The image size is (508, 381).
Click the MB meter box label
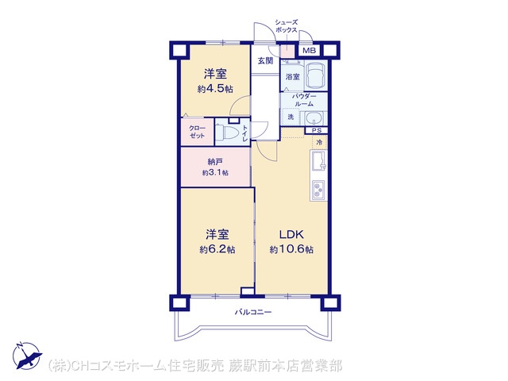pos(309,51)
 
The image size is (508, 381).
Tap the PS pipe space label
pos(317,130)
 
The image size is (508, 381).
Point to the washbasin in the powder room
pos(314,118)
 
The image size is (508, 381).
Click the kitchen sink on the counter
pos(319,161)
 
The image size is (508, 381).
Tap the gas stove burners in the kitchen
pos(319,190)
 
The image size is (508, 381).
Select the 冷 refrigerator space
pos(319,142)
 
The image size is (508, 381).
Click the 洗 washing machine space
pos(291,117)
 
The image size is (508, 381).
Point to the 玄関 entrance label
pos(265,60)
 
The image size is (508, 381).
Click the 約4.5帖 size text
pos(215,89)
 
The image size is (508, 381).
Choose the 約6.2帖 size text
pos(217,249)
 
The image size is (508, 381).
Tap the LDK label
pos(291,234)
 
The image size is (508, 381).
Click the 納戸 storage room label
pos(215,161)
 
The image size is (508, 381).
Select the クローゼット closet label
pos(197,132)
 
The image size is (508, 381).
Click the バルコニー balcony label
pos(253,312)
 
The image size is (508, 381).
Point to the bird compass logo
pos(27,355)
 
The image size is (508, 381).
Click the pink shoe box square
pos(287,52)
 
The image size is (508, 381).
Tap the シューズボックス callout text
pos(286,26)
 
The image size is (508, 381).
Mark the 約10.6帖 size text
pos(291,249)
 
